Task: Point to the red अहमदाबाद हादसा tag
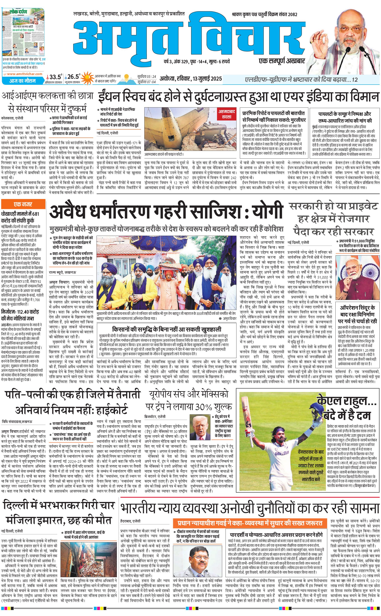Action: [227, 114]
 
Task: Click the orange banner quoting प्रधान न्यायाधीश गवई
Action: [250, 522]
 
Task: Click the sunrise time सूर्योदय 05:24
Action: [147, 76]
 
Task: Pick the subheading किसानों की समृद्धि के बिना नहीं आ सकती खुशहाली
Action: [167, 329]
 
